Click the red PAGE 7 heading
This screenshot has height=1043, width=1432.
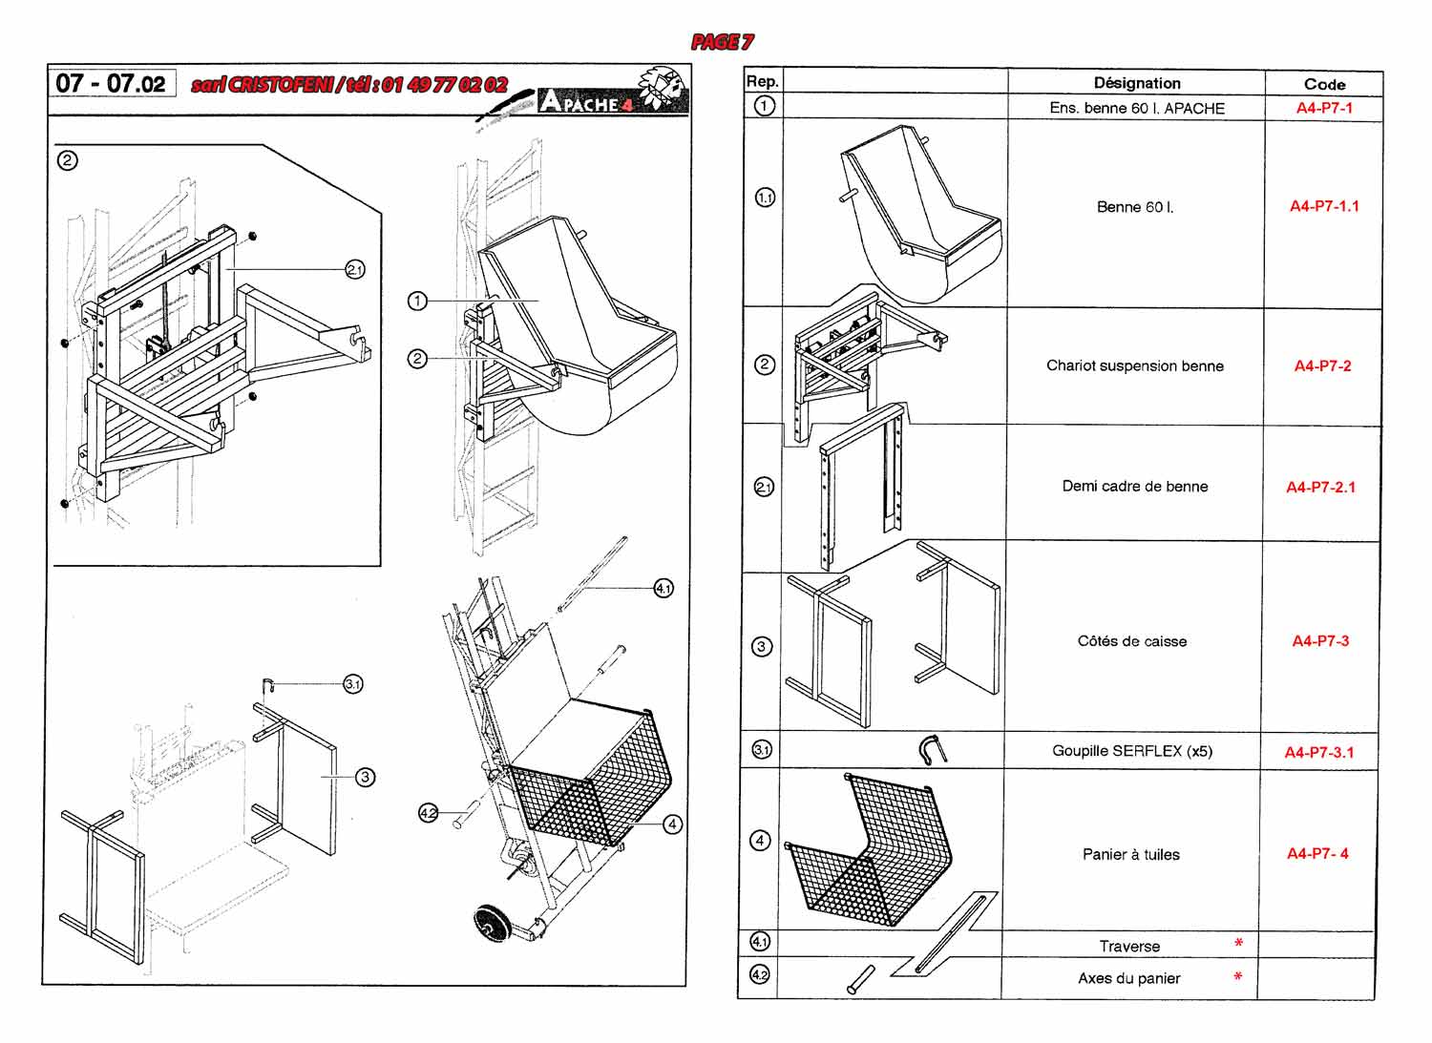(x=722, y=42)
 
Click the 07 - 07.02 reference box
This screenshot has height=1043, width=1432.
(x=112, y=83)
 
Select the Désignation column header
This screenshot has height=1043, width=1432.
(x=1137, y=83)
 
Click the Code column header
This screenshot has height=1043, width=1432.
(x=1324, y=84)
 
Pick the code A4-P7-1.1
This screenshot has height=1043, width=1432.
(x=1324, y=206)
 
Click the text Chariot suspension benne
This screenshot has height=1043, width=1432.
(x=1135, y=365)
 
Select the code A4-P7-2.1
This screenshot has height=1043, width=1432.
(x=1320, y=487)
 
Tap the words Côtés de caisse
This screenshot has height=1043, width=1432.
(x=1131, y=641)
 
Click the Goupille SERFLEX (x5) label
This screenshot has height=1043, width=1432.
(x=1132, y=751)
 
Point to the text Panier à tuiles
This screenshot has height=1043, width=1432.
(x=1131, y=854)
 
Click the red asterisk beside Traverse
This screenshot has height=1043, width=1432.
(x=1238, y=943)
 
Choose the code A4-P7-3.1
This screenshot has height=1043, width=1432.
(x=1318, y=752)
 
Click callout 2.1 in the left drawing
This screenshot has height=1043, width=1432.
(x=355, y=270)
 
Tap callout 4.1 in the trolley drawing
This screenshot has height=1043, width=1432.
(x=663, y=588)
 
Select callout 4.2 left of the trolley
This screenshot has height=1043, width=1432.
(x=428, y=813)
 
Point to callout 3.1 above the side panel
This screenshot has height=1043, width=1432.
(x=353, y=684)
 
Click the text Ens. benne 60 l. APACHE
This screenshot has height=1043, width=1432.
(x=1137, y=108)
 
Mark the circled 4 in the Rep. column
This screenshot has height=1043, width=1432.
(x=760, y=841)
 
